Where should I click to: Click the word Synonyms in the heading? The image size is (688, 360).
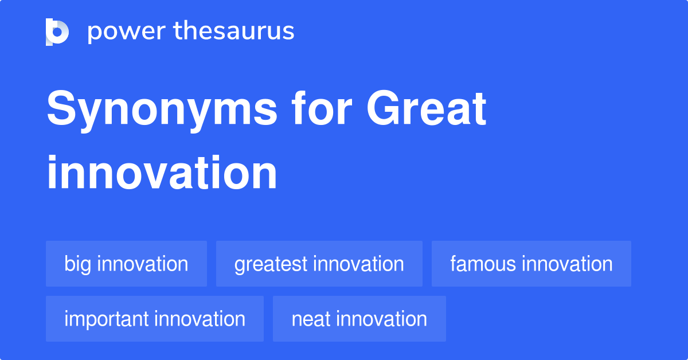click(x=162, y=111)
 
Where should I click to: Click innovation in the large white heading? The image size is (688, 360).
click(x=162, y=173)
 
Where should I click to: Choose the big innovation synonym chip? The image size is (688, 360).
click(x=126, y=264)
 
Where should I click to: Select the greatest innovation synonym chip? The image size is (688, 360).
click(x=319, y=264)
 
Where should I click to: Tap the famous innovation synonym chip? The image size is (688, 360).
click(x=531, y=264)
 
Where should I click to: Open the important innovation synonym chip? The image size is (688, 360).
click(x=155, y=319)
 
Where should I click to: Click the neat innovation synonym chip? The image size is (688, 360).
click(x=359, y=319)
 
